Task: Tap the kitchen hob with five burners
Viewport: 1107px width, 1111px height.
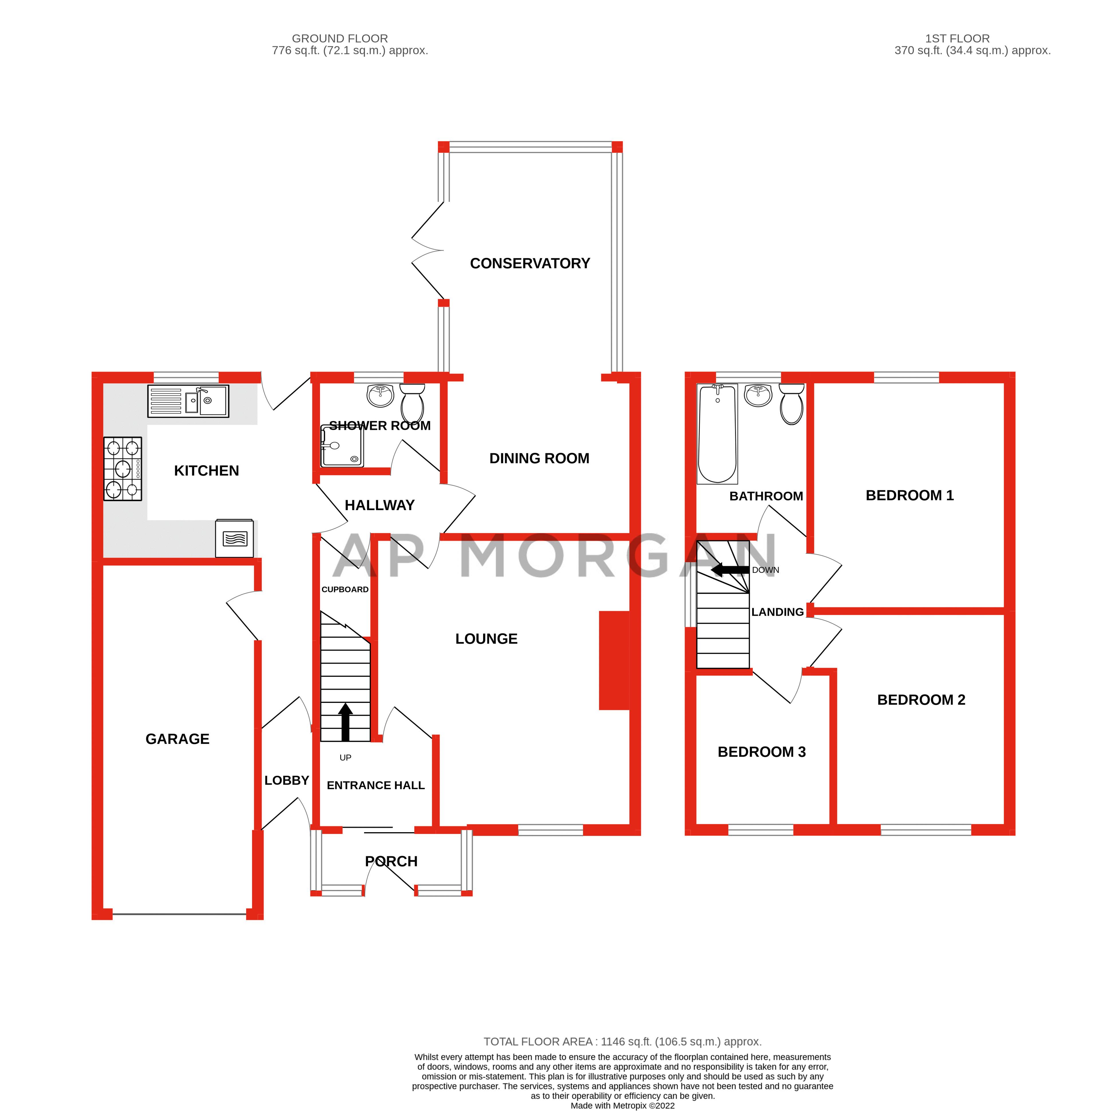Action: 122,469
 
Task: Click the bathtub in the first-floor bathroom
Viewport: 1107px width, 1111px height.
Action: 717,434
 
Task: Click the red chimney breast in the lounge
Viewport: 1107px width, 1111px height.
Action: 614,660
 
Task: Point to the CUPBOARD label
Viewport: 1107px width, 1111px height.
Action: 345,589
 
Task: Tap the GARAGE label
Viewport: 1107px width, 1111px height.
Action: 177,739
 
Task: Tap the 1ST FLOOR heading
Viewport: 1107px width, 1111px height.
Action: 957,39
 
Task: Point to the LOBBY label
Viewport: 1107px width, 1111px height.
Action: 286,780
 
